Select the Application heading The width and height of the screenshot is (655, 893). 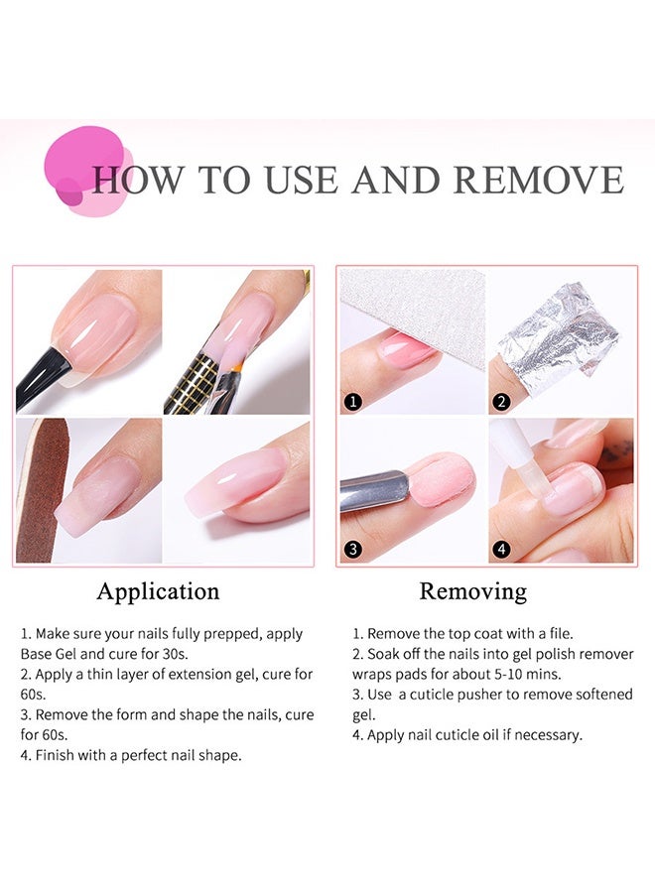click(158, 592)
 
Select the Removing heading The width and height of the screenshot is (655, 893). click(472, 592)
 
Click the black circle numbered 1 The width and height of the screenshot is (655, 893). click(351, 402)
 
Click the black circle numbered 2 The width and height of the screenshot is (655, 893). click(501, 402)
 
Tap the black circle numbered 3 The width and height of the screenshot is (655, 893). click(351, 549)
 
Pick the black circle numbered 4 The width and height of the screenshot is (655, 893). click(501, 549)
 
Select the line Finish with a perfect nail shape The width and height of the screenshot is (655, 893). click(131, 755)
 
